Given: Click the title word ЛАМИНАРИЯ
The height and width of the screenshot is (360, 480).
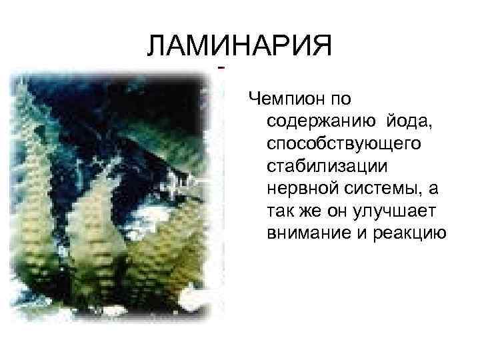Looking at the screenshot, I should pyautogui.click(x=239, y=46).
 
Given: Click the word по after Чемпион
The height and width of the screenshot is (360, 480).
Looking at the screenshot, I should pyautogui.click(x=343, y=99).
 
